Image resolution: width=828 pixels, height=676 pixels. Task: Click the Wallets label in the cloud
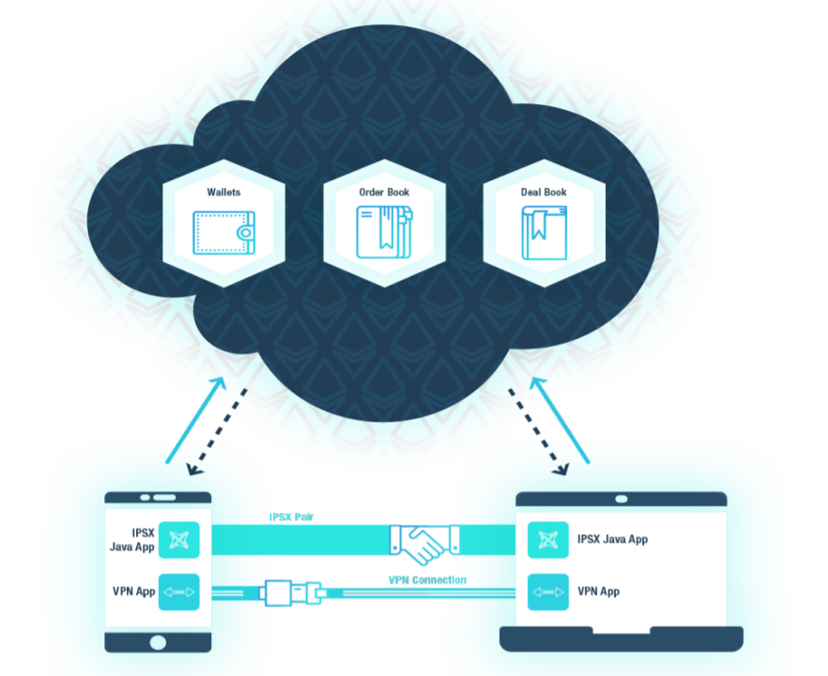tap(223, 192)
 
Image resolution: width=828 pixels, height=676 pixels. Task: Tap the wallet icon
tap(223, 232)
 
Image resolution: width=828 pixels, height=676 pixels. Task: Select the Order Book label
tap(384, 192)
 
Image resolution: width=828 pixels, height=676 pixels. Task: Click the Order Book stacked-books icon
tap(384, 232)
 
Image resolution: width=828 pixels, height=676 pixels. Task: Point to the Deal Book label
tap(544, 192)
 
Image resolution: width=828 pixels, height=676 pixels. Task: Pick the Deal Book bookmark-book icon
tap(544, 233)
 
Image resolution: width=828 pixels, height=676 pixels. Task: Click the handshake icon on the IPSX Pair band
tap(424, 543)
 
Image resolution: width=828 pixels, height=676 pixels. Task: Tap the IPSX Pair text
tap(292, 517)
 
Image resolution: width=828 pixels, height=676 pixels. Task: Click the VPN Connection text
tap(427, 580)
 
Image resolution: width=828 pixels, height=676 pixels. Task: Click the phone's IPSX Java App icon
tap(178, 539)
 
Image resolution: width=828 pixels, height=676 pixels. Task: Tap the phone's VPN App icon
tap(178, 592)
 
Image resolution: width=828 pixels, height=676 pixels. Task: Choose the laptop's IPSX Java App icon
tap(546, 539)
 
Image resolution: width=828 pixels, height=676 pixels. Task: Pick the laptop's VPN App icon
tap(546, 592)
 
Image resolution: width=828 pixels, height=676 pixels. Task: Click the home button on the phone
tap(158, 642)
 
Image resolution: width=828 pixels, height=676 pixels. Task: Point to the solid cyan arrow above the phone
tap(195, 420)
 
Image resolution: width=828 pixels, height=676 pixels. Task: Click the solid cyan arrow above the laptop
tap(560, 420)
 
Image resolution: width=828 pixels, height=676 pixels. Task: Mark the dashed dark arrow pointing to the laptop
tap(539, 429)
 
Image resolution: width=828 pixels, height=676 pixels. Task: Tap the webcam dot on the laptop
tap(621, 499)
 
